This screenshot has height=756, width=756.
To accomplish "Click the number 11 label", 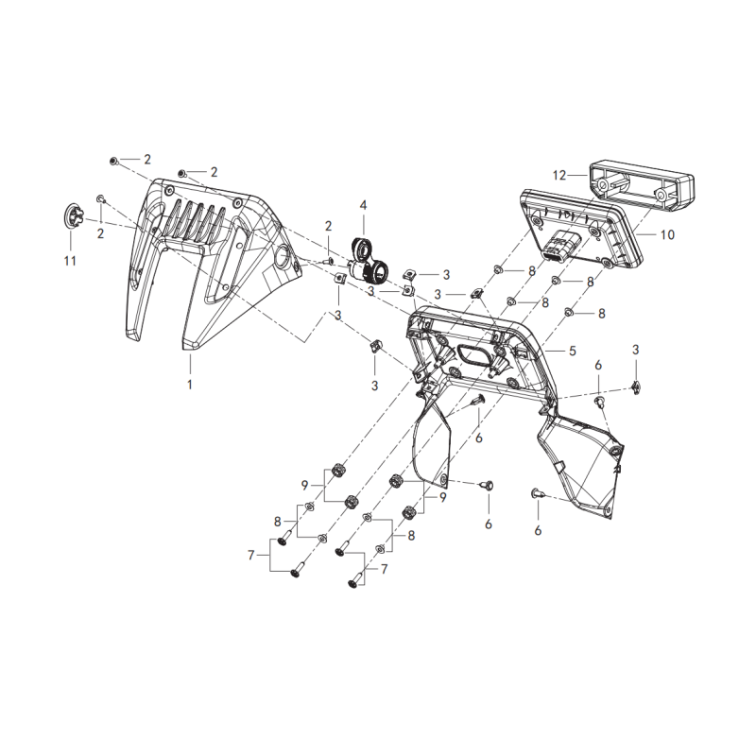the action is (x=70, y=261).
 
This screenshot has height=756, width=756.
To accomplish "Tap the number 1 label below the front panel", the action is (x=190, y=385).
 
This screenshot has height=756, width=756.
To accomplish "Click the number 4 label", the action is (x=364, y=205).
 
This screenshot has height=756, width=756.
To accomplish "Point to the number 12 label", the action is (x=558, y=175).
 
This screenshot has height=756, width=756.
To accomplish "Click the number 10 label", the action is (x=667, y=234).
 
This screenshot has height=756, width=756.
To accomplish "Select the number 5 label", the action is (x=573, y=351).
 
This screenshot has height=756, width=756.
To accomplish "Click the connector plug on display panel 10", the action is (x=557, y=246).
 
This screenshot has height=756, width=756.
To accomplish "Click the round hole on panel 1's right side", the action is (x=282, y=255).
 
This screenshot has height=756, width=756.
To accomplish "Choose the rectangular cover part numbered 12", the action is (x=642, y=185).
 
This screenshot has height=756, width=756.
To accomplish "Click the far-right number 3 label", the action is (x=635, y=350).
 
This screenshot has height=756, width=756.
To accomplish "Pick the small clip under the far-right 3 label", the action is (x=636, y=387).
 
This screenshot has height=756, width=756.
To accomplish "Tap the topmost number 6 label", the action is (x=598, y=365).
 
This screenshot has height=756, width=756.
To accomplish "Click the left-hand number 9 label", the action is (x=304, y=486).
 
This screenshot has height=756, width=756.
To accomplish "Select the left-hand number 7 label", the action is (x=250, y=556).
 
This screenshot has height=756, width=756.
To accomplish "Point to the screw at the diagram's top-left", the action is (x=113, y=161).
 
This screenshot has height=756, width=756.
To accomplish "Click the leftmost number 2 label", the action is (x=100, y=233).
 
